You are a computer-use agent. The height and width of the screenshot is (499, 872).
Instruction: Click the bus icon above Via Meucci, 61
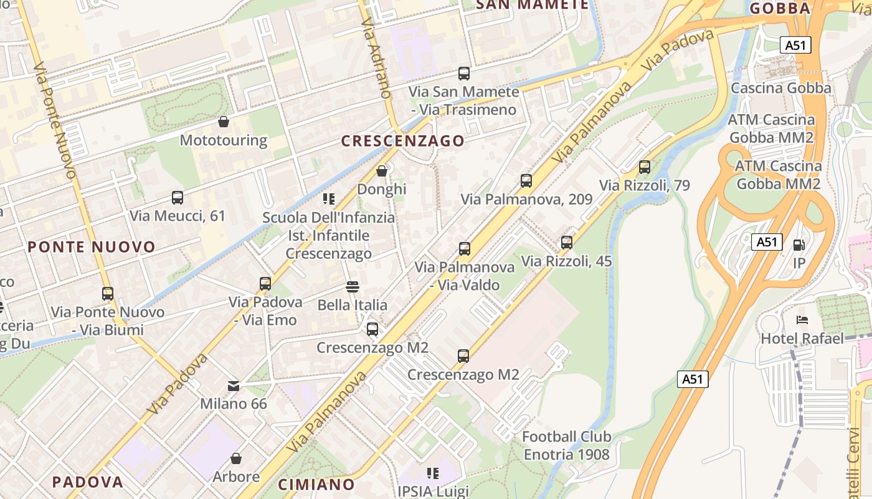click(178, 198)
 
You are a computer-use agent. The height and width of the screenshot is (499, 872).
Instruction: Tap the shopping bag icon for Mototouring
click(224, 122)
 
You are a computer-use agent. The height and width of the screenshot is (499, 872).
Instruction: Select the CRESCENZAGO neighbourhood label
click(403, 141)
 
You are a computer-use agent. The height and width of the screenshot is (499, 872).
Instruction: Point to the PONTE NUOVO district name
click(92, 247)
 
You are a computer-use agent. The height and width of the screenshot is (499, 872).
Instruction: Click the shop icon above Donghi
click(382, 171)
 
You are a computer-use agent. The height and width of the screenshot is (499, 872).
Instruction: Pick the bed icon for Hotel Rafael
click(802, 321)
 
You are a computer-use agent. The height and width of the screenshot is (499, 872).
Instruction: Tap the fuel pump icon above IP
click(799, 245)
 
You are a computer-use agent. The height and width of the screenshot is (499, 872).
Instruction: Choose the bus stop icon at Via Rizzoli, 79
click(645, 167)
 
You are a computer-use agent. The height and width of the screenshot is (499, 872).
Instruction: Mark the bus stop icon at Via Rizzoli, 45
click(567, 243)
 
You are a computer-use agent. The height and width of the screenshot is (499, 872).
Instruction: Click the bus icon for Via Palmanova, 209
click(526, 181)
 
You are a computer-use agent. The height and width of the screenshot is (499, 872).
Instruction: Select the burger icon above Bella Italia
click(353, 287)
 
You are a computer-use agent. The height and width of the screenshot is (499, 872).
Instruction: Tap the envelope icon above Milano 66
click(234, 385)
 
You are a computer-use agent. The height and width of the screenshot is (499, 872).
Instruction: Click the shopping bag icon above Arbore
click(236, 459)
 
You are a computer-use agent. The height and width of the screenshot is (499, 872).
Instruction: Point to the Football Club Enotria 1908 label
click(566, 445)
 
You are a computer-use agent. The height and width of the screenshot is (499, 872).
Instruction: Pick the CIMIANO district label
click(316, 485)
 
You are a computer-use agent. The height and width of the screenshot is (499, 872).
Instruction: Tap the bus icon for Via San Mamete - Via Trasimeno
click(464, 74)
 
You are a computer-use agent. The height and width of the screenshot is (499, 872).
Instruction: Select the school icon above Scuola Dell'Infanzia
click(329, 199)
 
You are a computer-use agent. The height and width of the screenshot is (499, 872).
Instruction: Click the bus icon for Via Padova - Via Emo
click(265, 284)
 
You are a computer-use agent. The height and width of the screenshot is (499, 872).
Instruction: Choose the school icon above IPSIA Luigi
click(433, 473)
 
